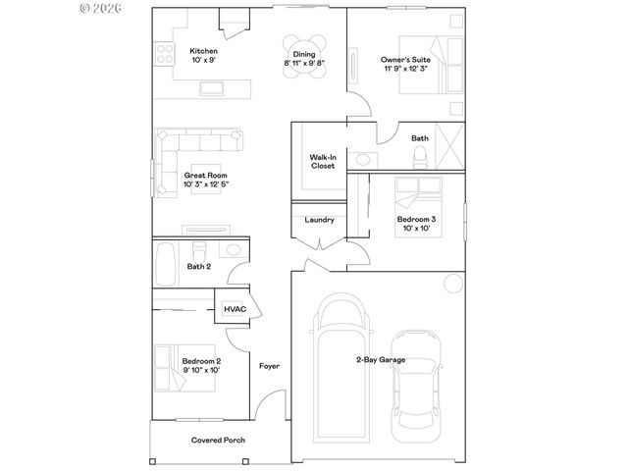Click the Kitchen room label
coord(203,51)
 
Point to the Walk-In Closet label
coord(322,161)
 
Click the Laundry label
coord(320,220)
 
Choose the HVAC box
coord(235,309)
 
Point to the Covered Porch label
coord(218,441)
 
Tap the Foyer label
coord(269,366)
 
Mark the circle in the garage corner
coord(451,285)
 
